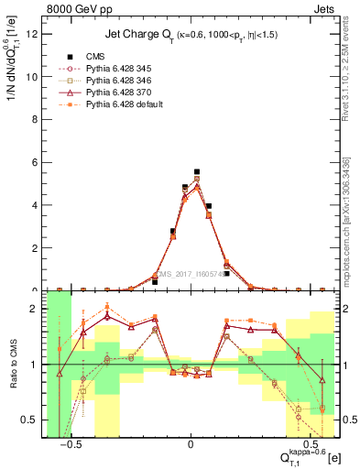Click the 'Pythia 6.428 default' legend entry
tap(129, 104)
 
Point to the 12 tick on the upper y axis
tap(34, 35)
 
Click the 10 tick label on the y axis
tap(34, 77)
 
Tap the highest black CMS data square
tap(197, 171)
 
